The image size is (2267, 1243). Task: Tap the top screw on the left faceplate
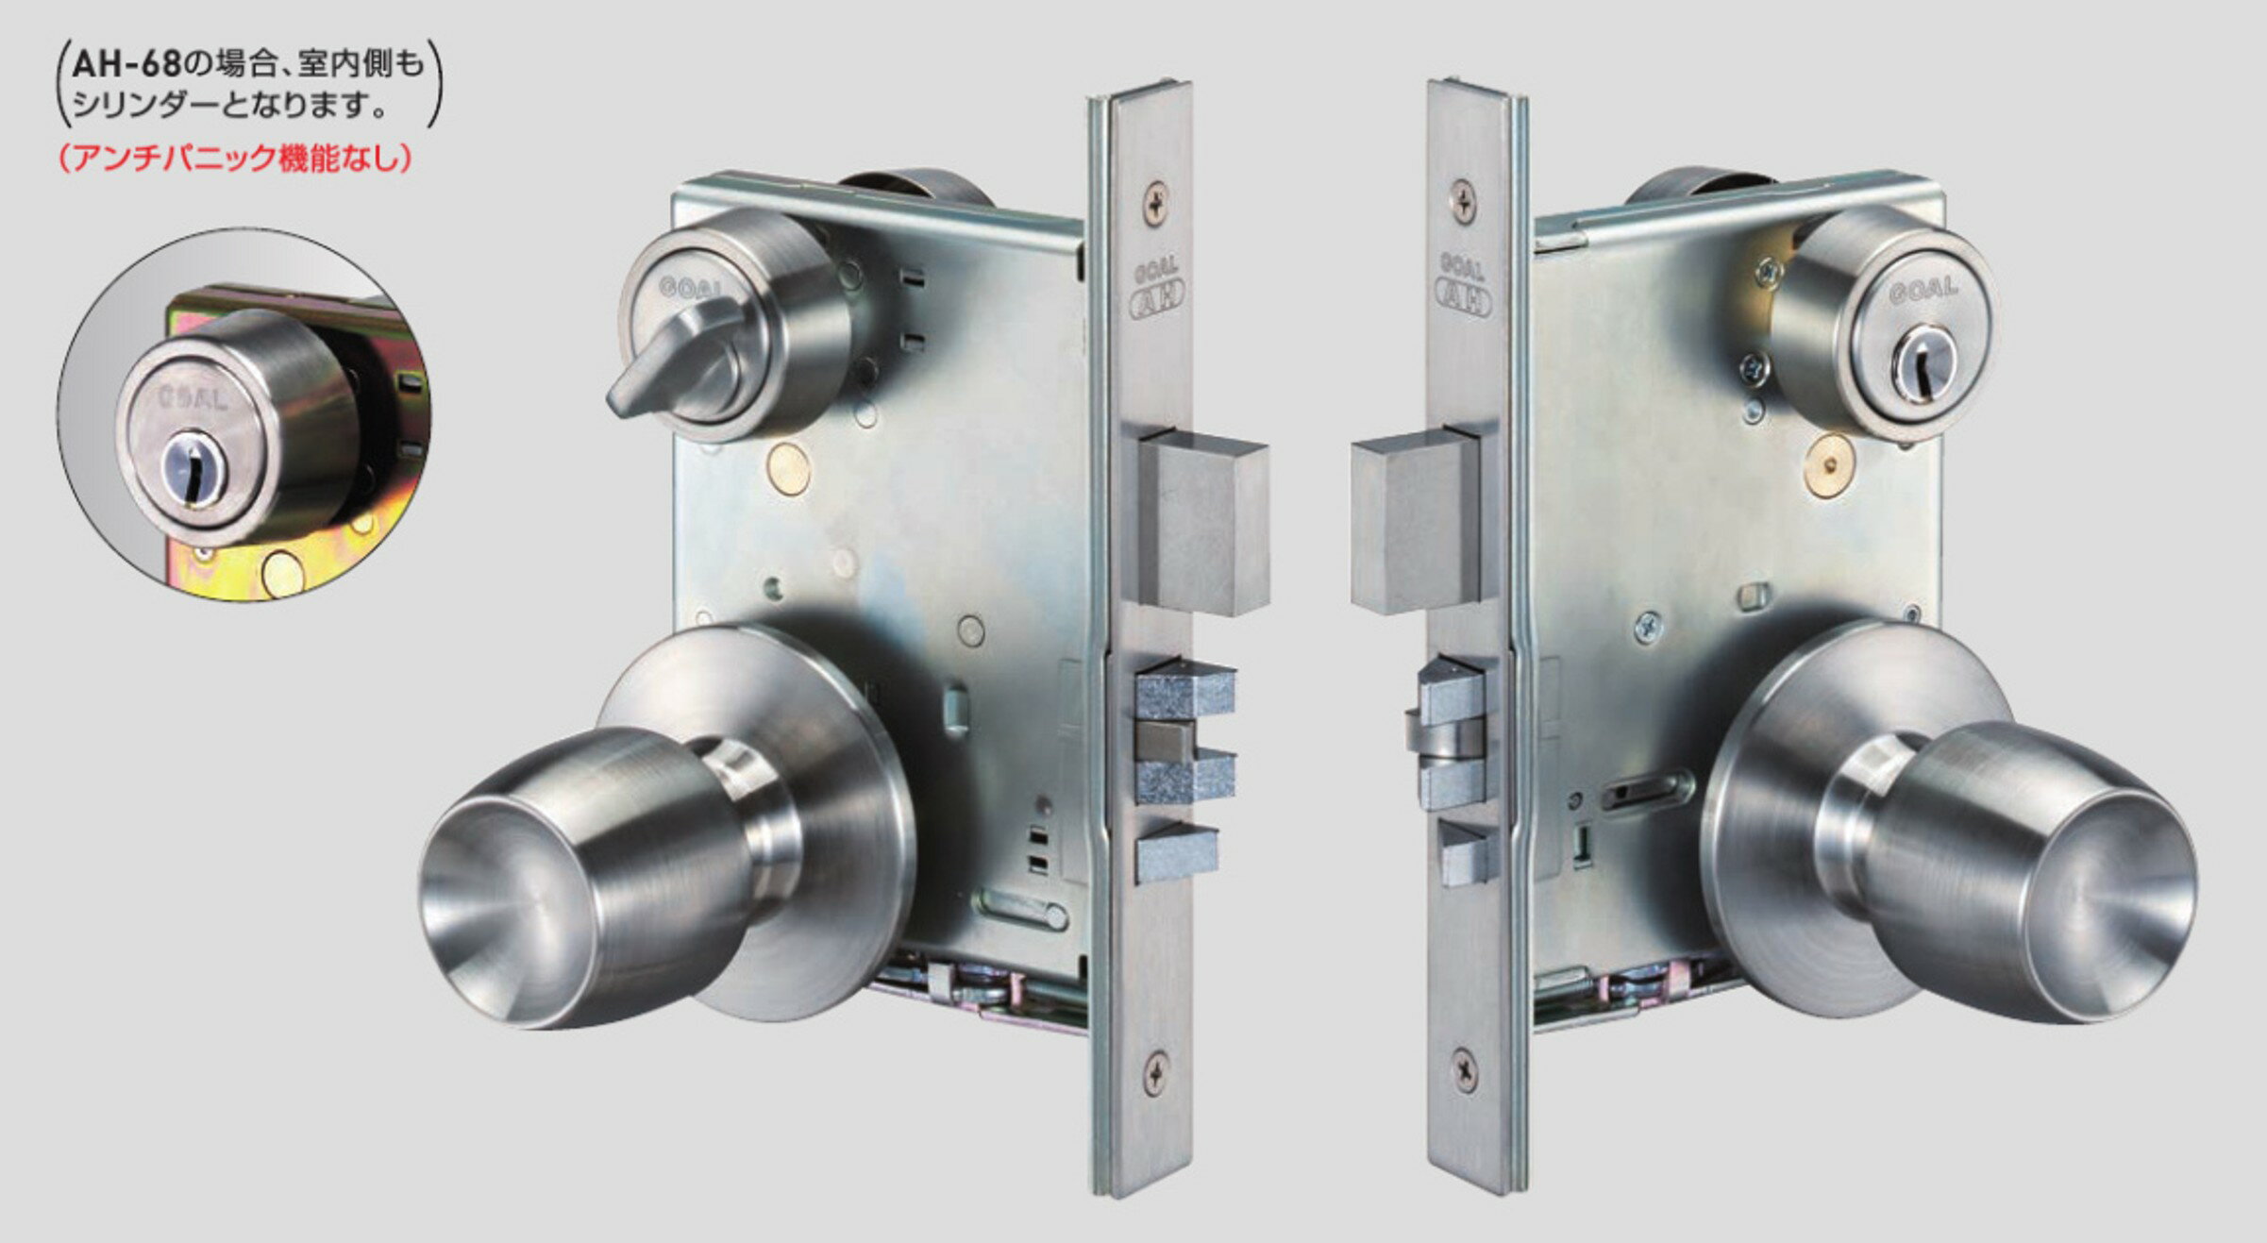[x=1156, y=201]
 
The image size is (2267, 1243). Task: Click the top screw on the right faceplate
[x=1464, y=199]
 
